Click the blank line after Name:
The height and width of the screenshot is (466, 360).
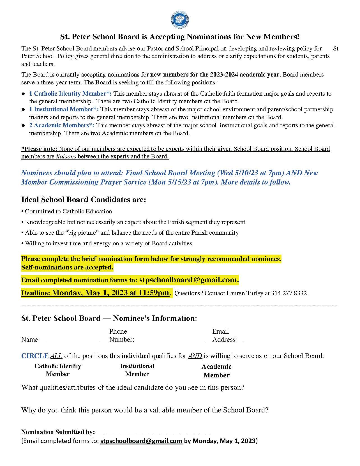pyautogui.click(x=73, y=341)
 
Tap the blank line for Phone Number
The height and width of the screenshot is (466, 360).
pyautogui.click(x=173, y=341)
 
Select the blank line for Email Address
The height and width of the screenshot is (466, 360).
pyautogui.click(x=287, y=341)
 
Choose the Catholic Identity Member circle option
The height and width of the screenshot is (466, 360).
pyautogui.click(x=58, y=370)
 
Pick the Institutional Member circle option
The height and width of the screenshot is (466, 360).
pyautogui.click(x=137, y=370)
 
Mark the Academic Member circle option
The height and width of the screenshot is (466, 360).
pyautogui.click(x=216, y=371)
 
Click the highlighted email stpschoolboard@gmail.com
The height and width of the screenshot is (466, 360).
pyautogui.click(x=188, y=280)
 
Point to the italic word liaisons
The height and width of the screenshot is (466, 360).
pyautogui.click(x=66, y=156)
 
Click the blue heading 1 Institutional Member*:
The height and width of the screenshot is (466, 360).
pyautogui.click(x=64, y=109)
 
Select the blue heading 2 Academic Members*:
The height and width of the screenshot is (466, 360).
pyautogui.click(x=62, y=125)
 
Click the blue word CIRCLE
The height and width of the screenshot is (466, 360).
pyautogui.click(x=35, y=356)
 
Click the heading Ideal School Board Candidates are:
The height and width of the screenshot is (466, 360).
pyautogui.click(x=84, y=200)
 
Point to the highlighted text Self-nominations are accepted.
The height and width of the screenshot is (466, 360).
pyautogui.click(x=67, y=267)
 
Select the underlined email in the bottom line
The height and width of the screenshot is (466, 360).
pyautogui.click(x=141, y=441)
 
